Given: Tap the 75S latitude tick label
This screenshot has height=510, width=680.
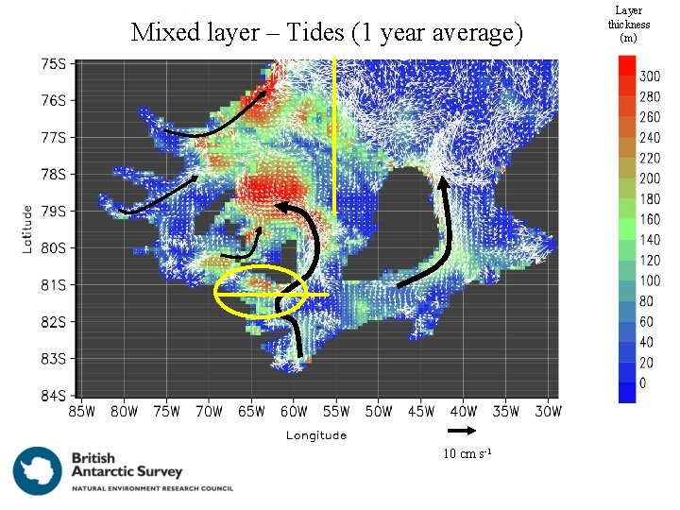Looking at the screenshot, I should point(53,64).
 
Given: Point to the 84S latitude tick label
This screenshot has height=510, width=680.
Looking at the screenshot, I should point(53,396).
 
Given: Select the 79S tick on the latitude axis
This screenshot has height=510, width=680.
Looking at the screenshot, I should point(53,212).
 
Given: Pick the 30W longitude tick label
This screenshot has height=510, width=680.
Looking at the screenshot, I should point(549,412).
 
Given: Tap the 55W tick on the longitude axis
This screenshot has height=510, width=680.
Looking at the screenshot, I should point(336,412).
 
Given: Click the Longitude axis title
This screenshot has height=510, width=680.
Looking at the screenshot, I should point(316,435).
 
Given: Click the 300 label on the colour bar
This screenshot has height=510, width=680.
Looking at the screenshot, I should point(649,76).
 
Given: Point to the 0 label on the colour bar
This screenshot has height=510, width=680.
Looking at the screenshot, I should point(642,384).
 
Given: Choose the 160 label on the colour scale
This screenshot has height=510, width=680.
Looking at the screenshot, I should point(649,219).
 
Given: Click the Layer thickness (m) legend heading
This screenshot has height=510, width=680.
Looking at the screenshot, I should point(628,25).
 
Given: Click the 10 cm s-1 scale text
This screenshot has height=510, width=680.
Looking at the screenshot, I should point(467,455).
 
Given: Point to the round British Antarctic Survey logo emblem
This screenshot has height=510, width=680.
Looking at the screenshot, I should point(38,470).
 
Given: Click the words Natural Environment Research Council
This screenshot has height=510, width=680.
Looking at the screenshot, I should point(152,488).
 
